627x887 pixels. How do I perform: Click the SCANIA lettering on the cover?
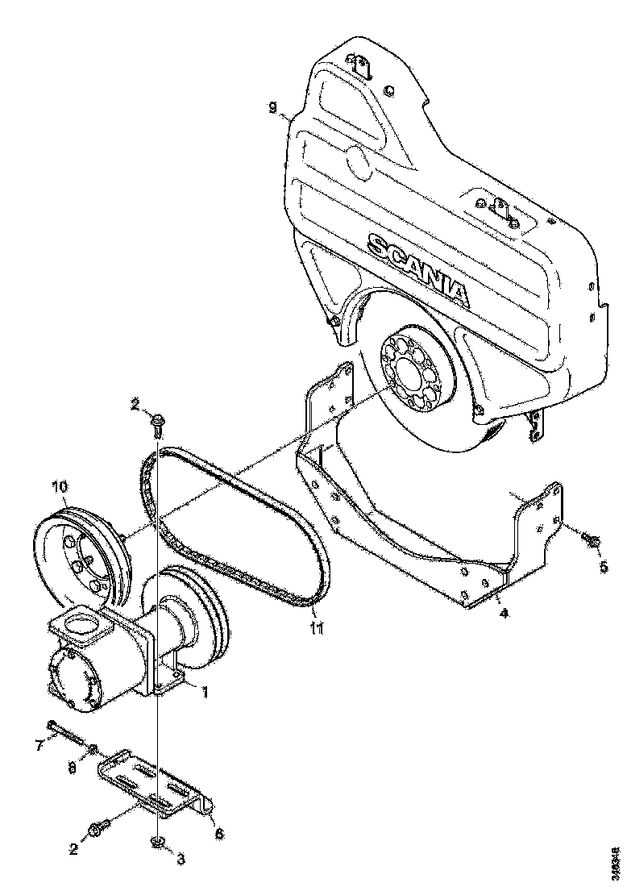tap(417, 268)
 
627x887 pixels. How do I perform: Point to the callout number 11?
tap(317, 627)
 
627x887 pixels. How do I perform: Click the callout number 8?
tap(72, 769)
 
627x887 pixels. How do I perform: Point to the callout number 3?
tap(181, 860)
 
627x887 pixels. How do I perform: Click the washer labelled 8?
tap(93, 749)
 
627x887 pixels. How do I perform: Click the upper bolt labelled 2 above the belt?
tap(157, 421)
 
